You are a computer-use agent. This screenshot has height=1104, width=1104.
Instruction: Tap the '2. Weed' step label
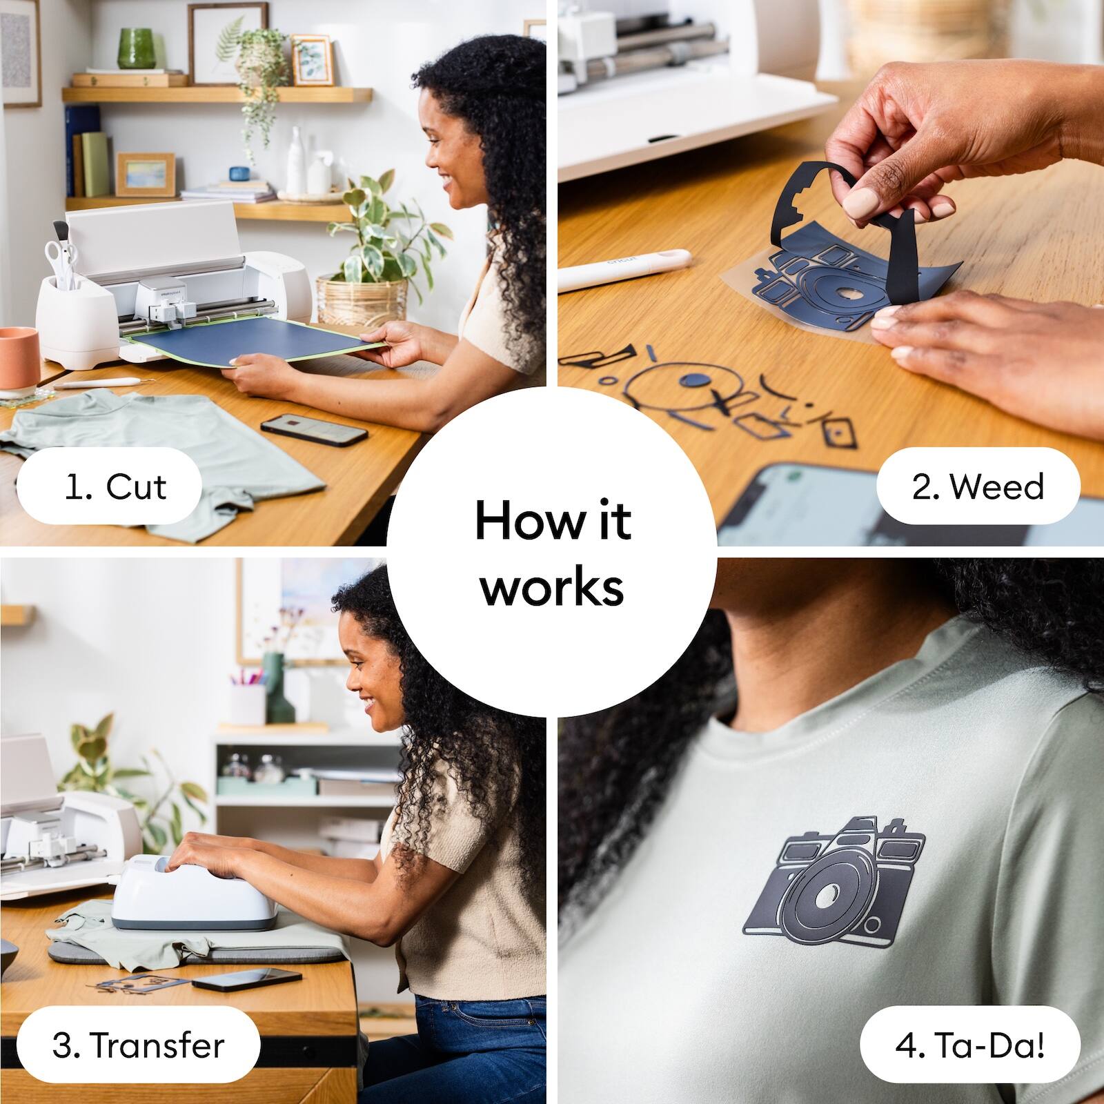click(x=978, y=487)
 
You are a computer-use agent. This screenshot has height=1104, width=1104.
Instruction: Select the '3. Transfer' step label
click(x=138, y=1045)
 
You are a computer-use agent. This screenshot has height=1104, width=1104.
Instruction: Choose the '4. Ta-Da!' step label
click(x=969, y=1045)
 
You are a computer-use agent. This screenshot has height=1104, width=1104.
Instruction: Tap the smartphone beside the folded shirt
click(x=314, y=429)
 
